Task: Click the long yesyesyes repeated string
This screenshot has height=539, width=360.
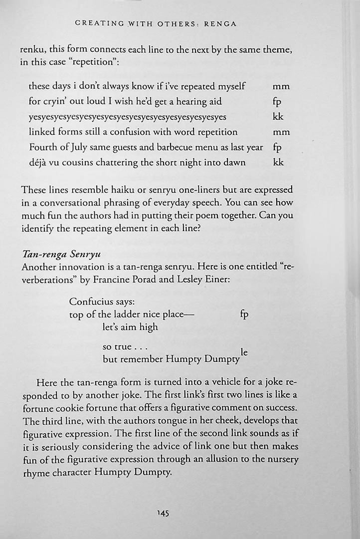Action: (x=128, y=117)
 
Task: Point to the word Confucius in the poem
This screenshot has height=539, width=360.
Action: (x=90, y=302)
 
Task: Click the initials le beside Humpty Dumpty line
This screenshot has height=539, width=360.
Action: (x=244, y=352)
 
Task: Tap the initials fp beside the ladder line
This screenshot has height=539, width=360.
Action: (x=244, y=314)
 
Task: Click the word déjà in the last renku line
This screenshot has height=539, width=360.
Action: (x=38, y=163)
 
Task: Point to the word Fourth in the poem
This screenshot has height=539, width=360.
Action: (x=43, y=147)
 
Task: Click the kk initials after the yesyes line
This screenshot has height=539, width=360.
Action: (x=278, y=117)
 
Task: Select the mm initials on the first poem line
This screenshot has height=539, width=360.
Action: (x=281, y=86)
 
